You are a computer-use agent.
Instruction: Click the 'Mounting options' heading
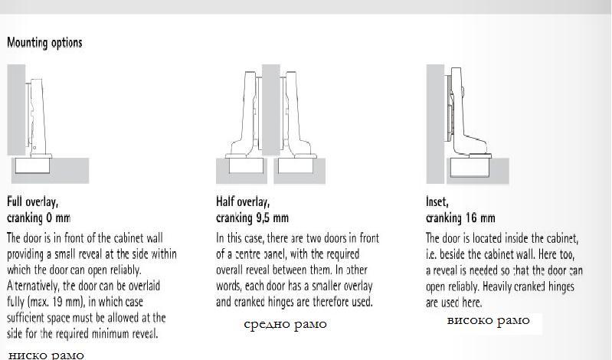click(x=44, y=43)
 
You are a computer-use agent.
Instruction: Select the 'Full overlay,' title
click(x=32, y=201)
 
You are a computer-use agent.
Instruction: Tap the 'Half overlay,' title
click(x=243, y=201)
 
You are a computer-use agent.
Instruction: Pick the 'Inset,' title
click(x=437, y=201)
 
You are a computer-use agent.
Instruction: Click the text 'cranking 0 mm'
click(x=38, y=218)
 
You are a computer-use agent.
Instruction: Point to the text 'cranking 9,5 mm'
click(x=252, y=218)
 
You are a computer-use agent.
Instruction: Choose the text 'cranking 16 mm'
click(x=460, y=218)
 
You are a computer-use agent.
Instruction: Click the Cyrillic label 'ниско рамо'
click(x=46, y=355)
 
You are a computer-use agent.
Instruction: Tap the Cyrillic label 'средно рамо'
click(x=285, y=324)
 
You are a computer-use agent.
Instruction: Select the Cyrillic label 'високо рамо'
click(x=488, y=321)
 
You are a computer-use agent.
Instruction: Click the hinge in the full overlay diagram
click(x=38, y=117)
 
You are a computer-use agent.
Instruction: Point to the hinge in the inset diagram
click(x=464, y=113)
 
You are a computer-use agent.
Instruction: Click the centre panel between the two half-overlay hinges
click(x=271, y=110)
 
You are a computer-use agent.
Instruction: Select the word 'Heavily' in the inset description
click(x=496, y=286)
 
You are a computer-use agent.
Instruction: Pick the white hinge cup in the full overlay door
click(x=32, y=165)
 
